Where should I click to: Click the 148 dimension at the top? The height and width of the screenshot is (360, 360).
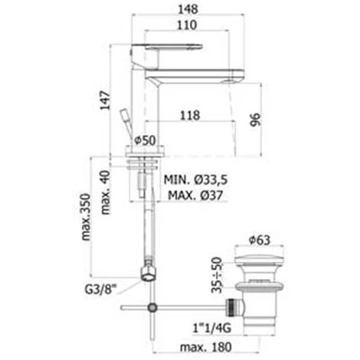[188, 9]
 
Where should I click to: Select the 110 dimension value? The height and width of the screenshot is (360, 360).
[187, 25]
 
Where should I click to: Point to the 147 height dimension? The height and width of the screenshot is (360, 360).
[105, 100]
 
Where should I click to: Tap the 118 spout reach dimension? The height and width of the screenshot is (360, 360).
[190, 115]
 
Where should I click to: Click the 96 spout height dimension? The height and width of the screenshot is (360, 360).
[255, 119]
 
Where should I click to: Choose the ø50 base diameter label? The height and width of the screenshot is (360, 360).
[145, 140]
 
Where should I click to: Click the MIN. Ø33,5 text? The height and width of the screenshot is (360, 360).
[195, 180]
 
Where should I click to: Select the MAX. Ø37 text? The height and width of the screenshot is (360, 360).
[195, 195]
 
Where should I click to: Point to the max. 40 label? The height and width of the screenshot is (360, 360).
[106, 192]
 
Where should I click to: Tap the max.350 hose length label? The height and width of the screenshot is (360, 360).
[86, 217]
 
